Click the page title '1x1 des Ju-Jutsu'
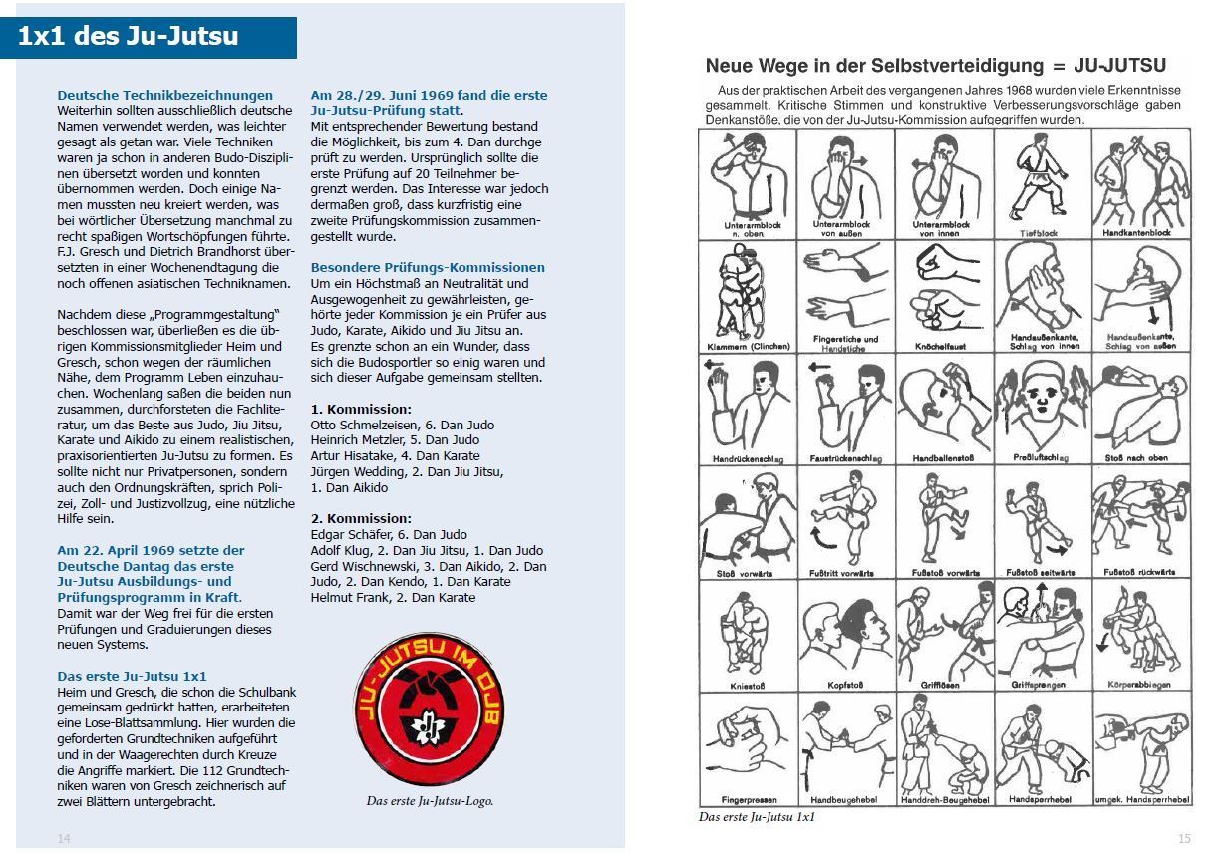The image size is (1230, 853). coord(129,37)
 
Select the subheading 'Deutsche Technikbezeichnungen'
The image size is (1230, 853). coord(164,95)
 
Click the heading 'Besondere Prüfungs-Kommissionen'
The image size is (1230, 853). coord(428,267)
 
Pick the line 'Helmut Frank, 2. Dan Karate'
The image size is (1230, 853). coord(393,597)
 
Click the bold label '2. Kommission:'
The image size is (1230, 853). coord(360,518)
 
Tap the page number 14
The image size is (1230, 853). coord(64,838)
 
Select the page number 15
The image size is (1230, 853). coord(1184,838)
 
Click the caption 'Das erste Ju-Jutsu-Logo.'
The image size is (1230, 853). coord(429,800)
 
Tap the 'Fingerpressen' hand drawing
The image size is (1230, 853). coord(748,742)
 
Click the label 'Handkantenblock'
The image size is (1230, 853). coord(1136,233)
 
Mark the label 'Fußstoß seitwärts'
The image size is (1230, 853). coord(1040,573)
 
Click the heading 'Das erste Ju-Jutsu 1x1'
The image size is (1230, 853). coord(132,676)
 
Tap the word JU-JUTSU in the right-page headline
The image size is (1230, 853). coord(1119,66)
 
